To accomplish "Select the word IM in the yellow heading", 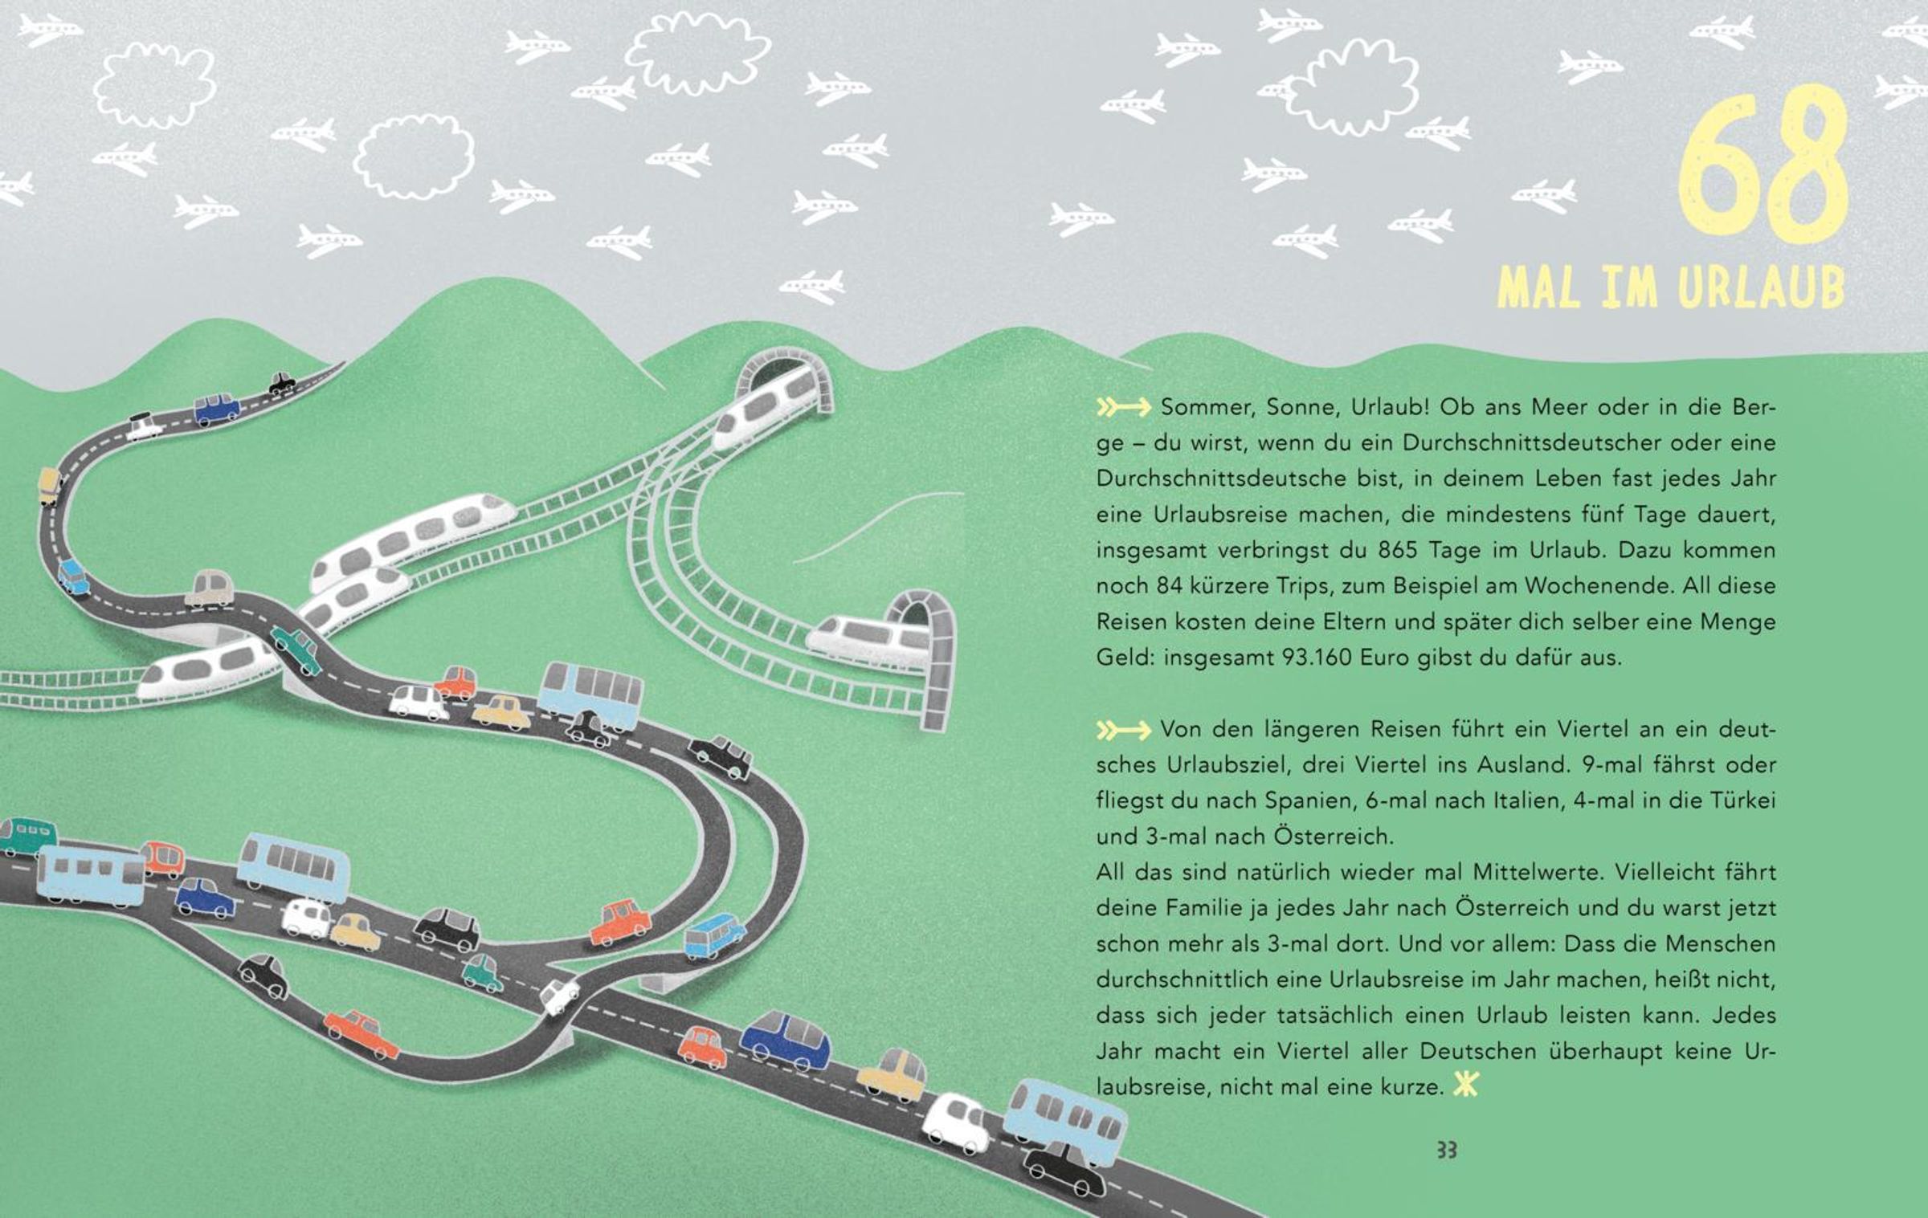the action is click(x=1628, y=287).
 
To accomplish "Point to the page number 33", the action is click(x=1446, y=1151).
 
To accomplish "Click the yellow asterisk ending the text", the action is click(x=1466, y=1086).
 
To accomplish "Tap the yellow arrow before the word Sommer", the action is click(x=1124, y=408).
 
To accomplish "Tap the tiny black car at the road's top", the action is click(x=281, y=383).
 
